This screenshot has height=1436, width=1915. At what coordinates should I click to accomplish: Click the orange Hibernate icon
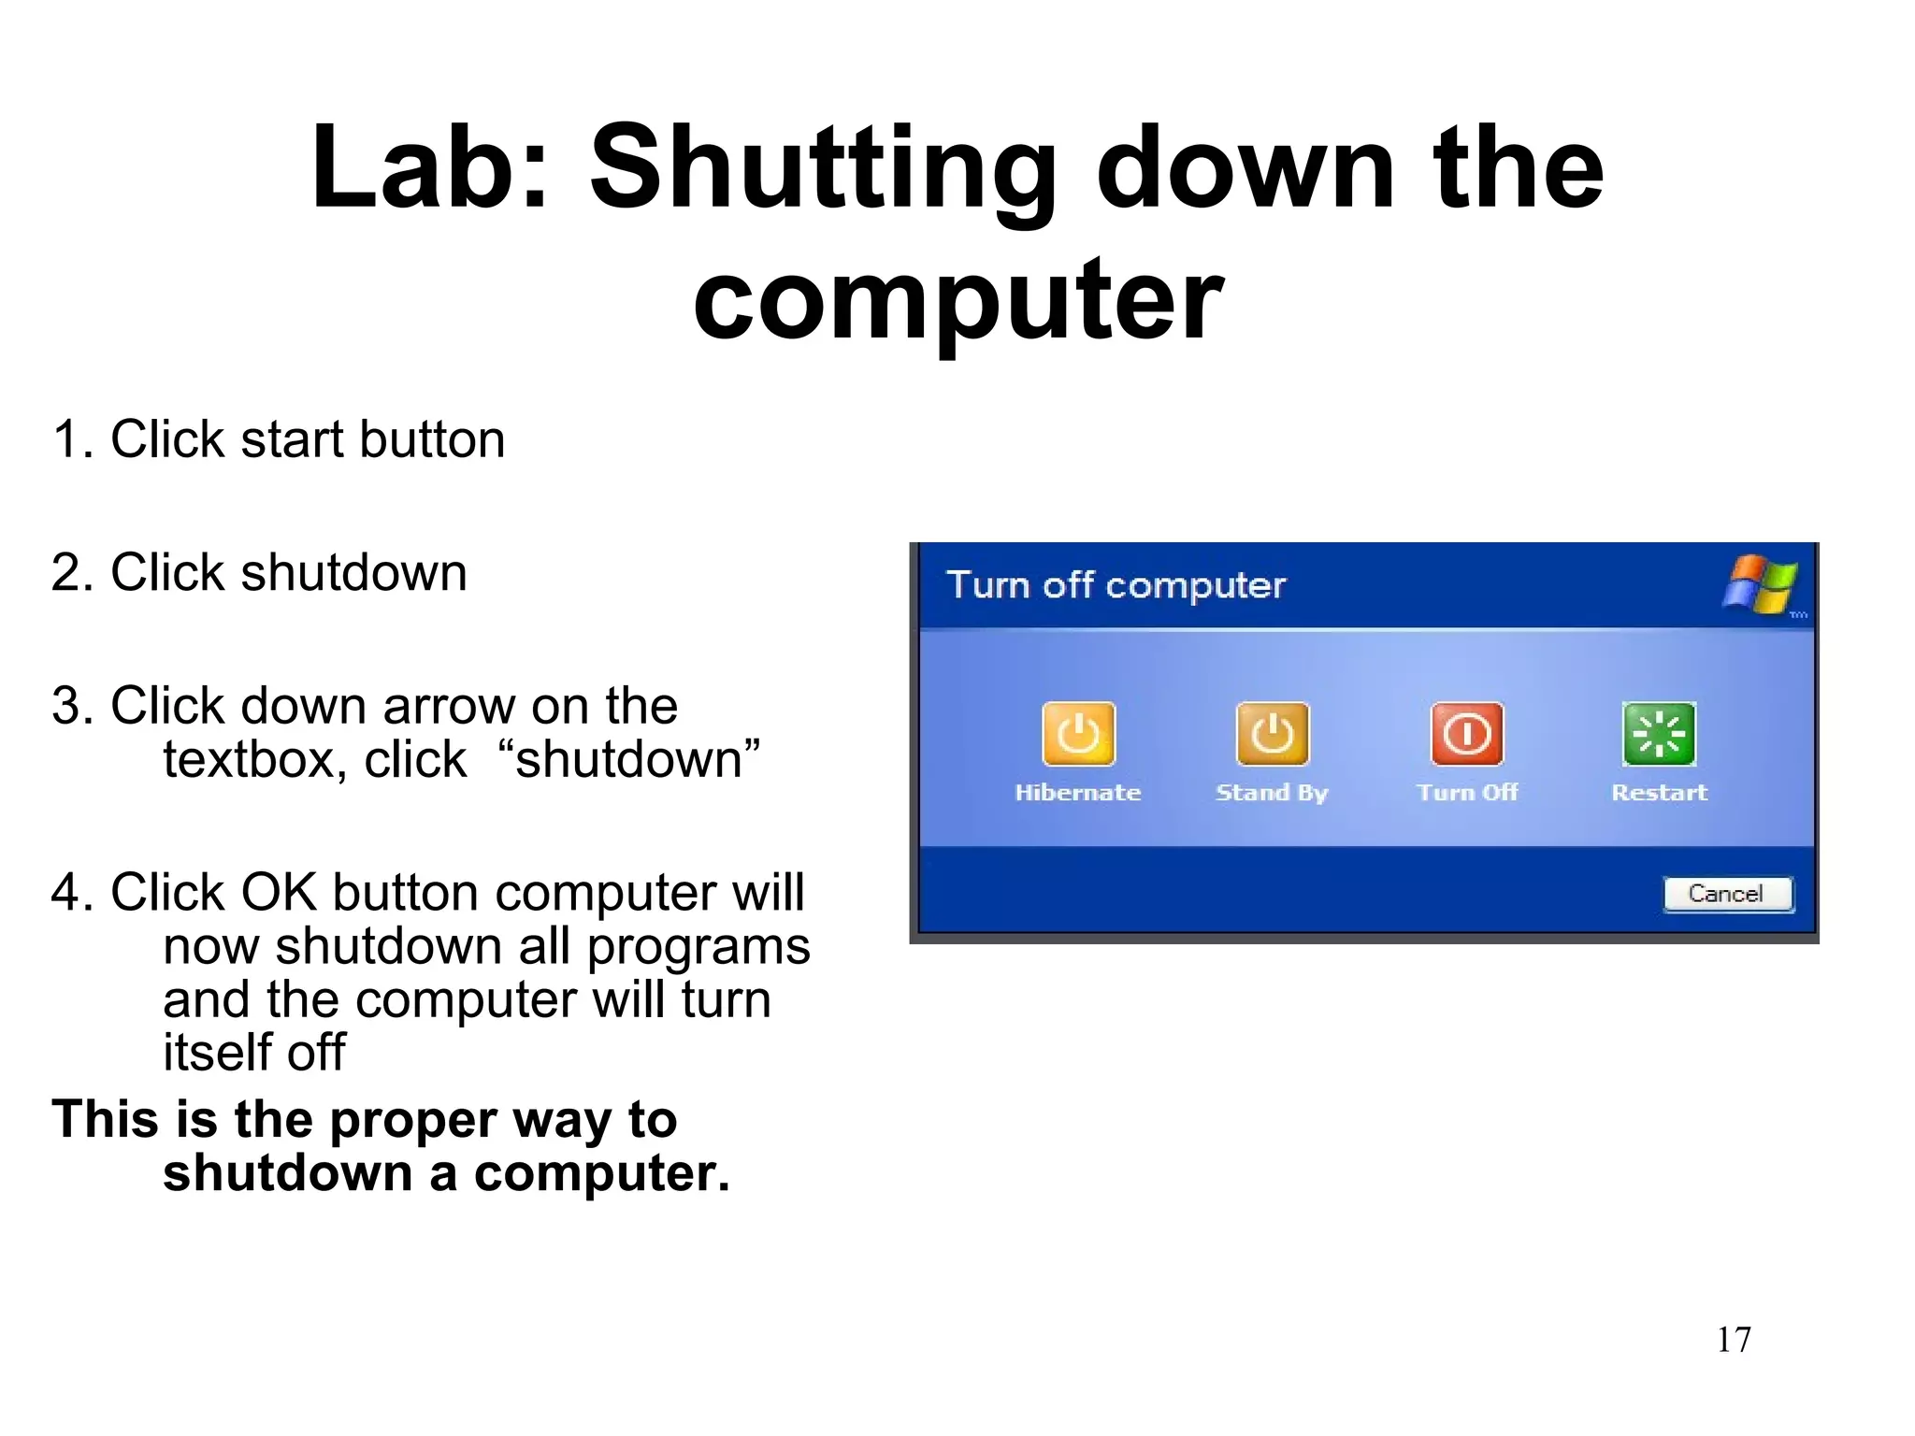tap(1078, 734)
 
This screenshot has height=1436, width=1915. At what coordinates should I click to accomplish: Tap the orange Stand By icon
tap(1273, 734)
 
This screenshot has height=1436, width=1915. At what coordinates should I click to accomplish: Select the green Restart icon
tap(1659, 734)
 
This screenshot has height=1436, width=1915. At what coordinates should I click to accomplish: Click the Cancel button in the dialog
tap(1727, 894)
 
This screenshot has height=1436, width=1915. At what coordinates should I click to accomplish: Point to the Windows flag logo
tap(1761, 584)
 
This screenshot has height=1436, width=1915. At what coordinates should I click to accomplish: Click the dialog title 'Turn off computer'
tap(1116, 585)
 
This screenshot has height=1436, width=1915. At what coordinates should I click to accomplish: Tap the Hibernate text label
tap(1078, 793)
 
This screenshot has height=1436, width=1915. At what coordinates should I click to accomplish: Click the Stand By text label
tap(1272, 793)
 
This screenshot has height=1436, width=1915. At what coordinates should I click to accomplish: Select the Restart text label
tap(1659, 793)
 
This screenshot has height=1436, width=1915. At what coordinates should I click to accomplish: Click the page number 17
tap(1734, 1340)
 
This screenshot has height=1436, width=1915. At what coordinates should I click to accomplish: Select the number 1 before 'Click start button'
tap(65, 439)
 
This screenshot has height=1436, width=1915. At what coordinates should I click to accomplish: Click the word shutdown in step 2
tap(353, 572)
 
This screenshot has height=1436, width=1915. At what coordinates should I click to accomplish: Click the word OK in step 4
tap(280, 893)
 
